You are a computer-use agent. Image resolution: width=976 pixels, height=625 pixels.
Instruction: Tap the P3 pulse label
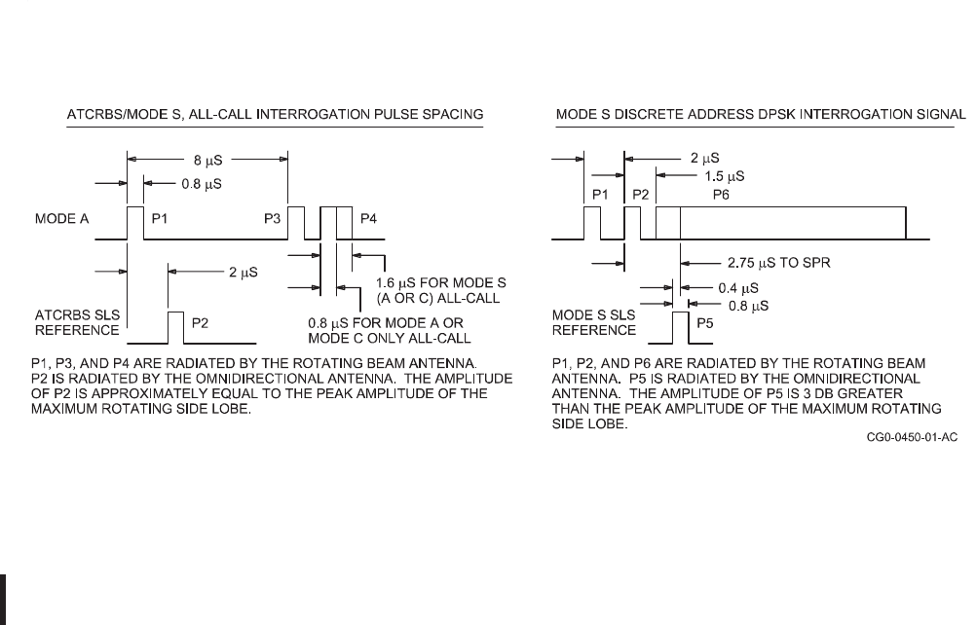tap(272, 218)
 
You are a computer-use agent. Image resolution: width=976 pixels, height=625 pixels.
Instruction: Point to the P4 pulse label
tap(369, 218)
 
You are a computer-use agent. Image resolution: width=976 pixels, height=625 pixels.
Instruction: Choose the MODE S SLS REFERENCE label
tap(594, 322)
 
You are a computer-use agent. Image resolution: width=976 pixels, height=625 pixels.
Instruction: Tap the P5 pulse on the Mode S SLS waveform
tap(680, 327)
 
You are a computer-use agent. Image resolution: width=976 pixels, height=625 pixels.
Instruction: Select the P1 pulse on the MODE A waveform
tap(134, 222)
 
